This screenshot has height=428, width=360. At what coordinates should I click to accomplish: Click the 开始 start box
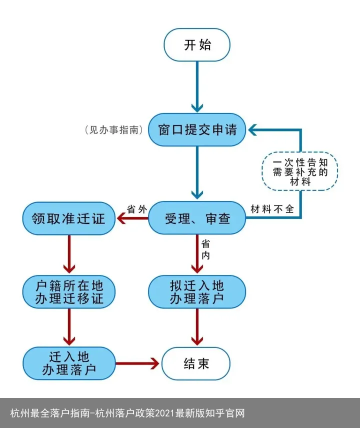[x=197, y=45]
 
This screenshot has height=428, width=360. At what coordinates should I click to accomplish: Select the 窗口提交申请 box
[x=197, y=130]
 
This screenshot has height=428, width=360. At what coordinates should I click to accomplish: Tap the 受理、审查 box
[x=197, y=218]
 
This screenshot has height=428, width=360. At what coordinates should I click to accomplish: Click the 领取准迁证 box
[x=69, y=218]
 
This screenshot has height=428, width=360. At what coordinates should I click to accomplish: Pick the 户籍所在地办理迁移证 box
[x=69, y=292]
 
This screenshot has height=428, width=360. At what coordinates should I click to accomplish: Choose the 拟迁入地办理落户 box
[x=197, y=292]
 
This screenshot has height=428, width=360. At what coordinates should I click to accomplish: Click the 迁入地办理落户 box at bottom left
[x=69, y=363]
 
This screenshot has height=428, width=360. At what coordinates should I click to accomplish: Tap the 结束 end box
[x=196, y=363]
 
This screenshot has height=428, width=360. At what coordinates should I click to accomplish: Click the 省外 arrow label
[x=136, y=209]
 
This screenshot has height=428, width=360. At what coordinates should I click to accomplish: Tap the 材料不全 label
[x=272, y=209]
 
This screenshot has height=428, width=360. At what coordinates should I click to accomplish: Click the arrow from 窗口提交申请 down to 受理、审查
[x=197, y=173]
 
